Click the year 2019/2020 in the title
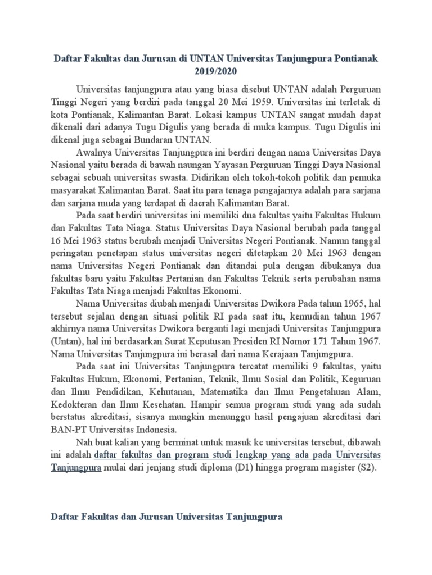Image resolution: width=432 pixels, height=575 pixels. pyautogui.click(x=215, y=72)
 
